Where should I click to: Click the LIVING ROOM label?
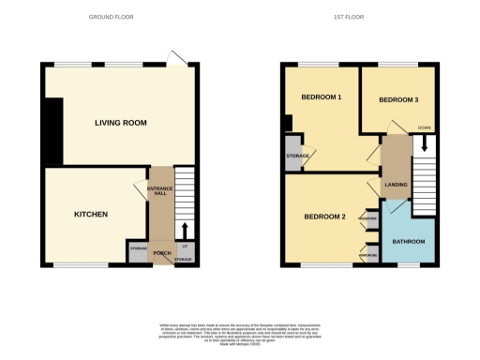click(x=120, y=123)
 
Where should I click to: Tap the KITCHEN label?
click(x=91, y=215)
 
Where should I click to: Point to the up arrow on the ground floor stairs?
click(x=185, y=231)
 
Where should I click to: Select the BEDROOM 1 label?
click(x=321, y=98)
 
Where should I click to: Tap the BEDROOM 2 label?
click(x=324, y=217)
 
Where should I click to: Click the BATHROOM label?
click(x=409, y=242)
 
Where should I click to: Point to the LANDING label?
click(x=396, y=185)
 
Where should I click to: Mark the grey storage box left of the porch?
click(x=138, y=250)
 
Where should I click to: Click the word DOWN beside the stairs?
click(x=424, y=127)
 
